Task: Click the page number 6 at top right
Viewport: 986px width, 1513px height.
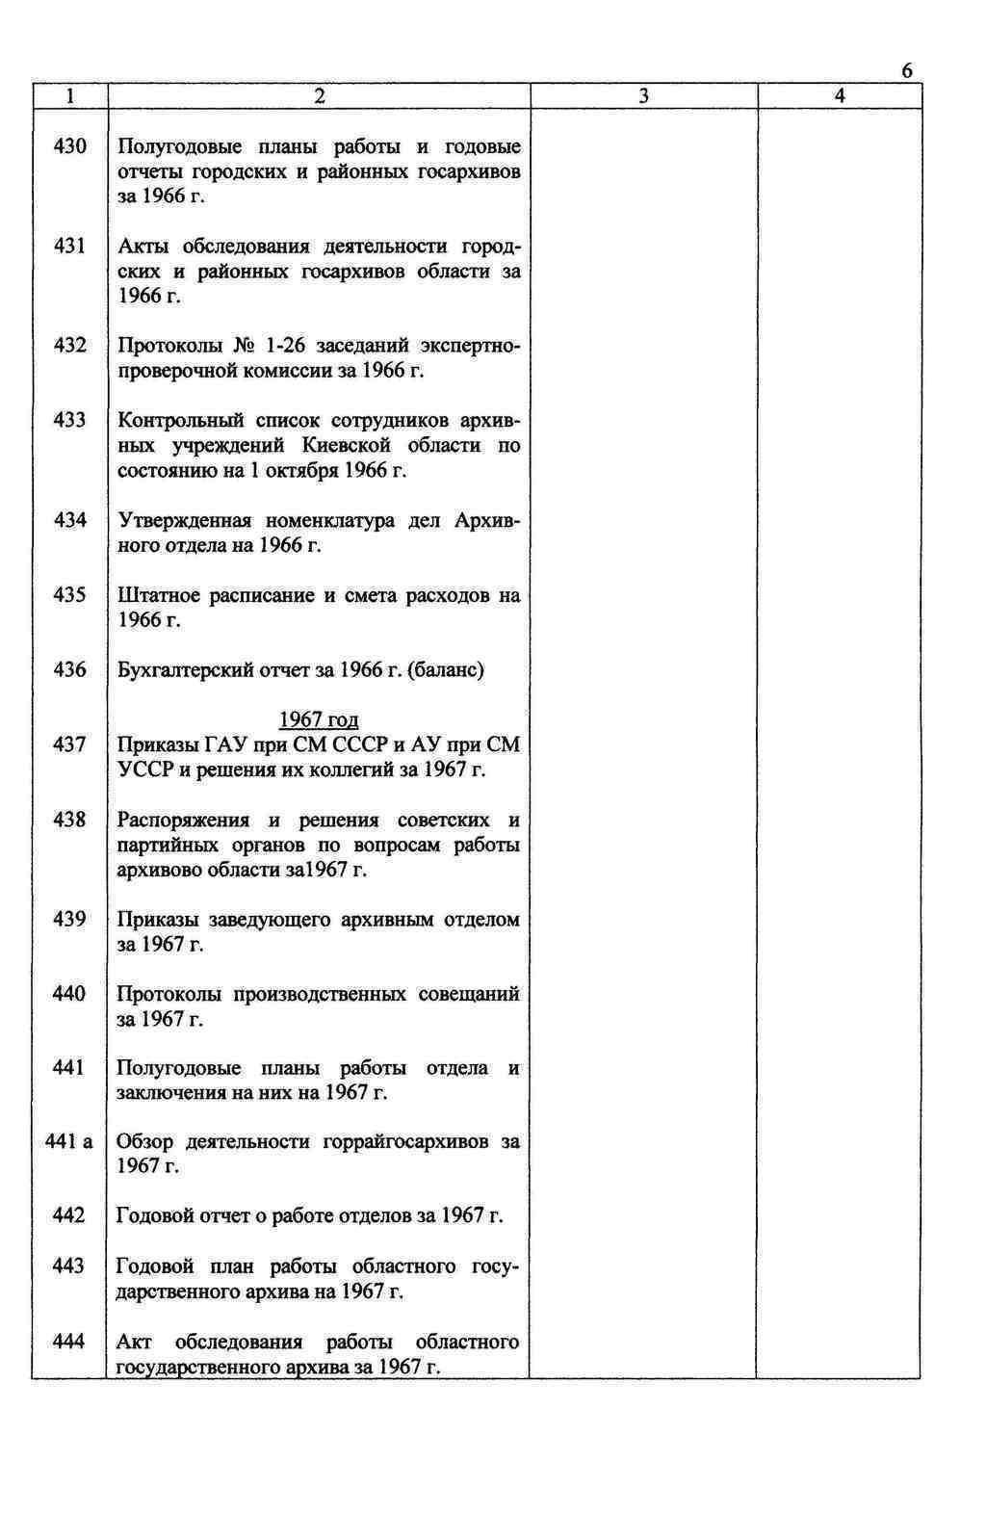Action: click(x=907, y=72)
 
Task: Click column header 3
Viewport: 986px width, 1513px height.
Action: click(x=643, y=96)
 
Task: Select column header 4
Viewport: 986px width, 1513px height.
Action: click(x=840, y=96)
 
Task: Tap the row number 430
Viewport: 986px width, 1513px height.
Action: click(x=69, y=146)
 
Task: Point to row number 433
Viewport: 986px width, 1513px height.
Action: click(x=69, y=420)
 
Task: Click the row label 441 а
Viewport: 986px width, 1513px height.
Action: click(x=69, y=1142)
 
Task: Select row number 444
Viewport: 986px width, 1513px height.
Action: click(x=69, y=1341)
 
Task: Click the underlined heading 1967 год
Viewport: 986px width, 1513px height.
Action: click(x=319, y=719)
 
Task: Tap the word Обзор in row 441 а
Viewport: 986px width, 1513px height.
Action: click(x=144, y=1142)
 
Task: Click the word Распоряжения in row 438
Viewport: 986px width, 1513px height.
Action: click(x=183, y=820)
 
